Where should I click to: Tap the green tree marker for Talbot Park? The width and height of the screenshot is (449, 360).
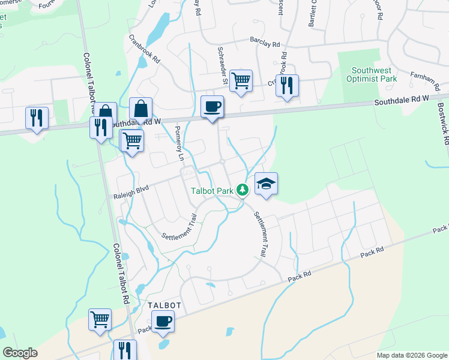coord(243,190)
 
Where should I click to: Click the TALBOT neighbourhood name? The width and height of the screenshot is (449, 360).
coord(164,305)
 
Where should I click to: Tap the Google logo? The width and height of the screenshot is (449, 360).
coord(20,353)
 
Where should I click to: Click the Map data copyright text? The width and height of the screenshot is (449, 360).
coord(411,355)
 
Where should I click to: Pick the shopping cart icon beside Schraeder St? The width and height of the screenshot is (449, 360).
coord(241,80)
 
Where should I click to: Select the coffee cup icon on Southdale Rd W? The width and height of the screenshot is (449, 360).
coord(212,107)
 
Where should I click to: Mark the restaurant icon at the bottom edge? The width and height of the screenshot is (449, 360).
coord(125,350)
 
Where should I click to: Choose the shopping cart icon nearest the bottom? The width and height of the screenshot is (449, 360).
coord(100,319)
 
